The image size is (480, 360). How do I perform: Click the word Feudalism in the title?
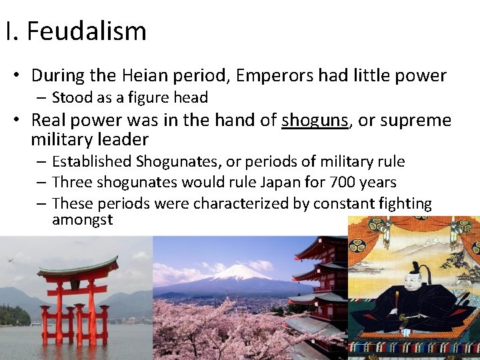tap(87, 31)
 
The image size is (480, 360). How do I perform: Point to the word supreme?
tap(417, 121)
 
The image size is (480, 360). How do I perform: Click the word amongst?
tap(82, 219)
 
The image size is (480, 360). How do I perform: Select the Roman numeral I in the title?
tap(7, 31)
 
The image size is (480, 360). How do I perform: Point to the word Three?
tap(71, 182)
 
